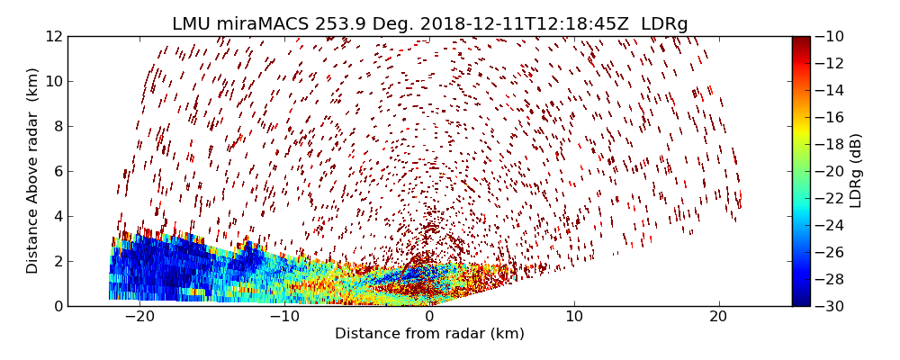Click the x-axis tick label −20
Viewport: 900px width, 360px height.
point(139,318)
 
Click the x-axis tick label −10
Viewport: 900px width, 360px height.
point(284,318)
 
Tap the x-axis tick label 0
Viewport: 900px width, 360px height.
point(429,318)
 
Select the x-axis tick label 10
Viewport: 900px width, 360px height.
point(574,318)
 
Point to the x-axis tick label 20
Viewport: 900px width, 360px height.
point(718,318)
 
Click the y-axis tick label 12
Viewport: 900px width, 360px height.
point(52,37)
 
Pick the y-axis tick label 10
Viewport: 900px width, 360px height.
point(52,82)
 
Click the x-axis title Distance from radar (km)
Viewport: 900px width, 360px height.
point(429,334)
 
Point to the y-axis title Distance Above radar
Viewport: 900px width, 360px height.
point(33,171)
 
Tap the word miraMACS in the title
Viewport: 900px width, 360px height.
point(265,24)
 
